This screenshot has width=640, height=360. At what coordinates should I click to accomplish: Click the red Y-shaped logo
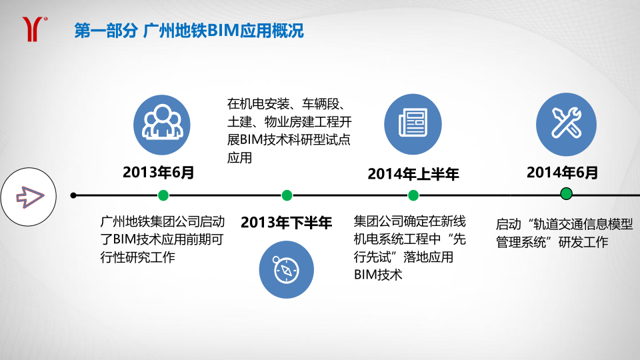tap(33, 29)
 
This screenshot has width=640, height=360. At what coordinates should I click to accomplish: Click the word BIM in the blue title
tap(223, 31)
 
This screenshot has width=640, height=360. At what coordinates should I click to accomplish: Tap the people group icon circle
tap(161, 125)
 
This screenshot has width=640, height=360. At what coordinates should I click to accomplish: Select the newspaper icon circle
tap(413, 124)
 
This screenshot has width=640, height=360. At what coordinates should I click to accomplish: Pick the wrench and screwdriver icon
tap(566, 124)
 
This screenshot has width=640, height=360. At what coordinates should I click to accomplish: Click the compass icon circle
tap(286, 269)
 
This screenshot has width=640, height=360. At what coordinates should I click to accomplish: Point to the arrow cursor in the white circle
tap(30, 196)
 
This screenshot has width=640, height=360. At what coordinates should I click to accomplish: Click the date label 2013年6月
tap(159, 172)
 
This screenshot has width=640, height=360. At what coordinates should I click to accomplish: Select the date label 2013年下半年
tap(286, 223)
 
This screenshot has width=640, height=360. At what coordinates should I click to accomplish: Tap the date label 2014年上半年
tap(413, 174)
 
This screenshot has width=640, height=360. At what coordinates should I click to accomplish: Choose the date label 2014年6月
tap(562, 172)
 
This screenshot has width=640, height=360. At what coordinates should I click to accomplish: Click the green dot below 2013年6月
tap(163, 195)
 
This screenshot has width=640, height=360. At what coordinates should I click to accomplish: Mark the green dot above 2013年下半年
tap(287, 195)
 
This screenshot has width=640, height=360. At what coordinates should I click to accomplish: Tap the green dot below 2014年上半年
tap(413, 195)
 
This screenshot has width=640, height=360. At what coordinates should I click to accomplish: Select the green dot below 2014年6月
tap(566, 193)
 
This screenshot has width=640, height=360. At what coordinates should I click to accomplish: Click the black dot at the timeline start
tap(73, 195)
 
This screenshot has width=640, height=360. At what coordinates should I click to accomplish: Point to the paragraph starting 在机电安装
tap(289, 131)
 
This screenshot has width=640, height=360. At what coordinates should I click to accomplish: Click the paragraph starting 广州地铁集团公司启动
tap(163, 239)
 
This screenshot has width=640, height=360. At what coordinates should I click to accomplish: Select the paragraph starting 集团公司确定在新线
tap(409, 248)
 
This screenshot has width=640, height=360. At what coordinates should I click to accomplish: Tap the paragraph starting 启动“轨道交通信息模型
tap(564, 233)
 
